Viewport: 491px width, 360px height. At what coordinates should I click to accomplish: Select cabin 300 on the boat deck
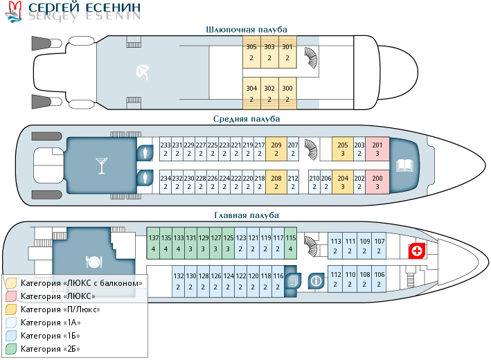tap(288, 94)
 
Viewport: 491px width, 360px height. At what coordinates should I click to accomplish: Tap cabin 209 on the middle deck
tap(276, 150)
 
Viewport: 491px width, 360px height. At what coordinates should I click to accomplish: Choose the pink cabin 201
tap(377, 150)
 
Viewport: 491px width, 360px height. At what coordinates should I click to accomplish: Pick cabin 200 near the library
tap(377, 183)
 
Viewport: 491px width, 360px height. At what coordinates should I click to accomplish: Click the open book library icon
tap(404, 166)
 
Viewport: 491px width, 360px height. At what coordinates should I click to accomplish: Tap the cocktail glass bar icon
tap(101, 166)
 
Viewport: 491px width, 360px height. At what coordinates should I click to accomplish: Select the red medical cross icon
tap(417, 251)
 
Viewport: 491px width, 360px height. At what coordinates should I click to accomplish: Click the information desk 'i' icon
tap(316, 281)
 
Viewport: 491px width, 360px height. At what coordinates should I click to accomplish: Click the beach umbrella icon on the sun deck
tap(142, 71)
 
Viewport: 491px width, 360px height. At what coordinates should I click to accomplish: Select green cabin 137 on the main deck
tap(154, 243)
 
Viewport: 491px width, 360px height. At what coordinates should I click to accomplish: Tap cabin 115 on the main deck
tap(290, 243)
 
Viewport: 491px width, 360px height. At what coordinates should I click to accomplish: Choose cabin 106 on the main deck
tap(380, 280)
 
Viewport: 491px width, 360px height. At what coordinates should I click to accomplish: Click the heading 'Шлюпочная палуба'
tap(247, 29)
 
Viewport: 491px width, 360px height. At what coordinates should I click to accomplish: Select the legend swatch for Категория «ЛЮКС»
tap(11, 296)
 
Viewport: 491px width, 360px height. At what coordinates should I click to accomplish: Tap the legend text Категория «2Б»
tap(50, 348)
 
